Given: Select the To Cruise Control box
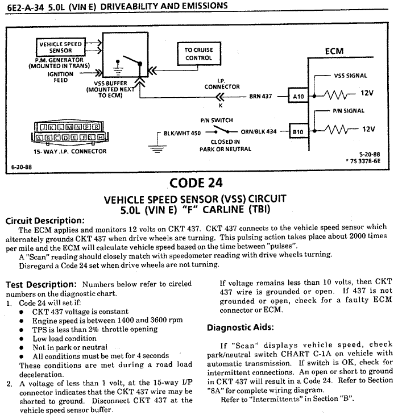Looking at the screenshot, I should coord(198,53).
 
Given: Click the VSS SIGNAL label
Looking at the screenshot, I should coord(350,76).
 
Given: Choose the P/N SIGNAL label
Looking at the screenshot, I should coord(349,111).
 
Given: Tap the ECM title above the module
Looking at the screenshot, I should coord(334,52).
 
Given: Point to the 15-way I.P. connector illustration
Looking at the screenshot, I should coord(67,131).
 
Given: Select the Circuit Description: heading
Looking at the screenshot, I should coord(44,221).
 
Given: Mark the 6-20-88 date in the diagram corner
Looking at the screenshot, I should coord(22,168).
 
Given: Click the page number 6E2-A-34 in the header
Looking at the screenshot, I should coord(21,6).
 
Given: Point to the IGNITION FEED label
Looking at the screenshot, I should coord(60,77).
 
